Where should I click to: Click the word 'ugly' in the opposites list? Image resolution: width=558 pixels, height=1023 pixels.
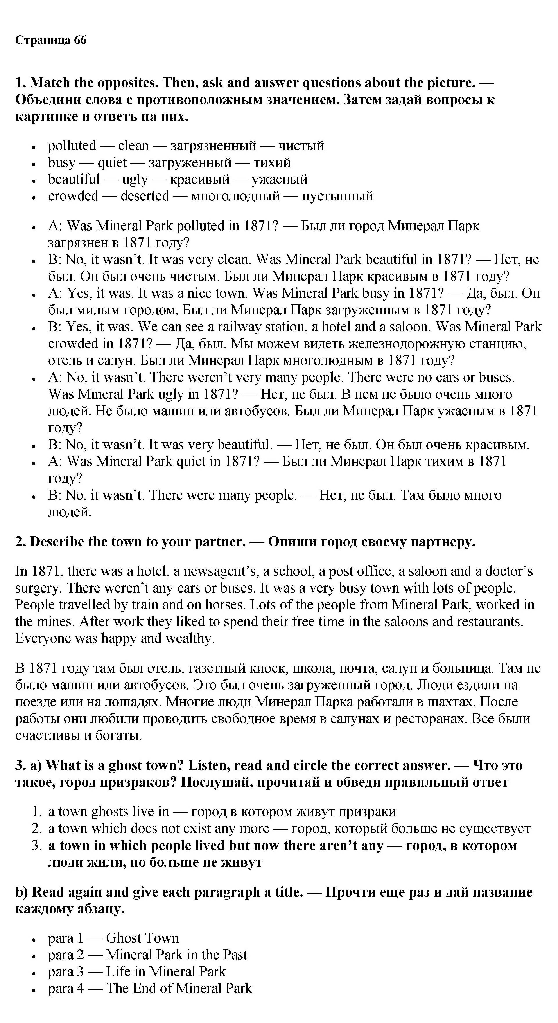[135, 180]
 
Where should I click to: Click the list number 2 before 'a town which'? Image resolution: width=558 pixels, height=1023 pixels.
[36, 828]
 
